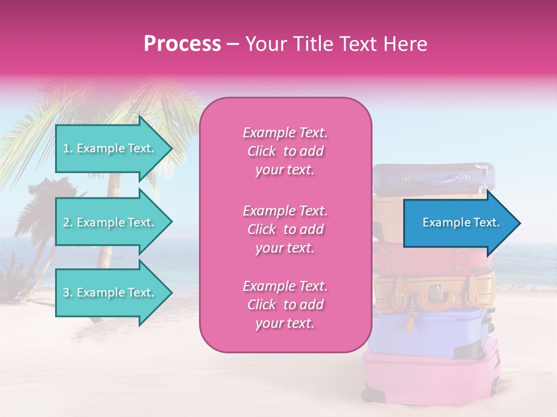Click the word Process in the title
coord(182,44)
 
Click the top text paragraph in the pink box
coord(285,151)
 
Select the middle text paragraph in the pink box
coord(285,229)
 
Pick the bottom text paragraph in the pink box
coord(285,305)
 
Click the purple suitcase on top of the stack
coord(432,178)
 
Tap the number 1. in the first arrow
coord(68,148)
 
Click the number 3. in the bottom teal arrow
coord(68,292)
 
